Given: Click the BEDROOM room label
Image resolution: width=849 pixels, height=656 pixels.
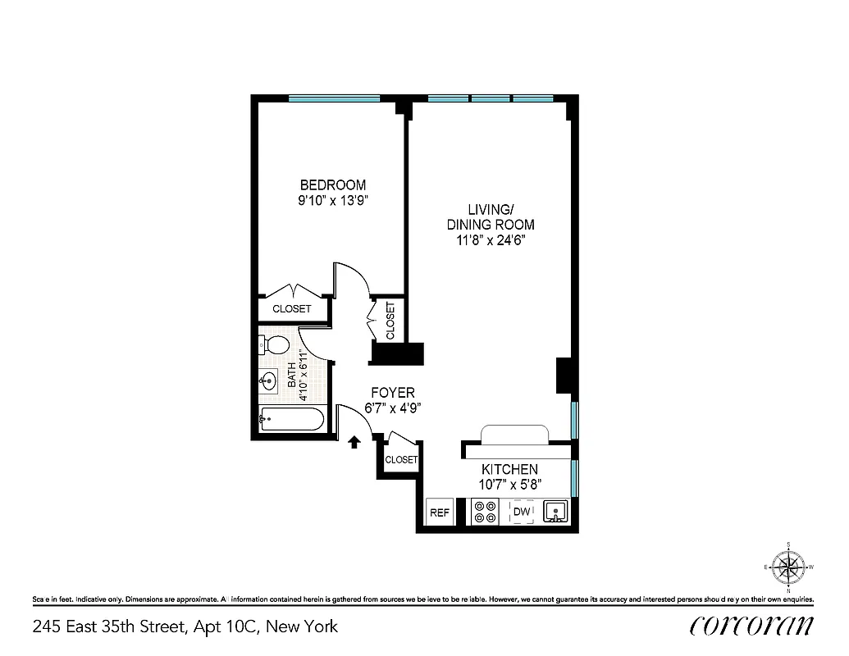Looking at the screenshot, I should [332, 184].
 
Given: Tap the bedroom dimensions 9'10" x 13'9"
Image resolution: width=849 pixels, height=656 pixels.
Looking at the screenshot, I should [332, 200].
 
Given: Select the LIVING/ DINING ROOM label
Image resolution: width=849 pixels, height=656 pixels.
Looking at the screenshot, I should [491, 216].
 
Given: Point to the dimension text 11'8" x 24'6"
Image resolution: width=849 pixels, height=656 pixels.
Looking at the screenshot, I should [491, 240].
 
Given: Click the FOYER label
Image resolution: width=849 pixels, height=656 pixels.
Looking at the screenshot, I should [392, 393].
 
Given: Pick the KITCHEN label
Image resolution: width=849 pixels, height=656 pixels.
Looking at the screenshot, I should [509, 469].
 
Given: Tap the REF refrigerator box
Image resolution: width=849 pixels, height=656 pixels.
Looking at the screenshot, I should [440, 512].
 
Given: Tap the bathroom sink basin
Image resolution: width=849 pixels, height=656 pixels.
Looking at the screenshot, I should [268, 380].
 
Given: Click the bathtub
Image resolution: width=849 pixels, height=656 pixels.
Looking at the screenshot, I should [291, 420].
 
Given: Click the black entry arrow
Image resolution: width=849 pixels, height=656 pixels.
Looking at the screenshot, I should [354, 443].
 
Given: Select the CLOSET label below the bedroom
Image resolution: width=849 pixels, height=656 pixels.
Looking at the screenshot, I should [292, 309].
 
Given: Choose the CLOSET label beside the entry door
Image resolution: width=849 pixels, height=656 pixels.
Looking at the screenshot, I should [401, 460].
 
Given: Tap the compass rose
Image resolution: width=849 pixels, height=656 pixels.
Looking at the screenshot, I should [788, 566].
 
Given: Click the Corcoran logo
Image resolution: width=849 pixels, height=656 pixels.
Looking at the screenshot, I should [752, 626].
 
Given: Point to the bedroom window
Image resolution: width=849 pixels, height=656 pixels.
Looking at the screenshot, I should [334, 98].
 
